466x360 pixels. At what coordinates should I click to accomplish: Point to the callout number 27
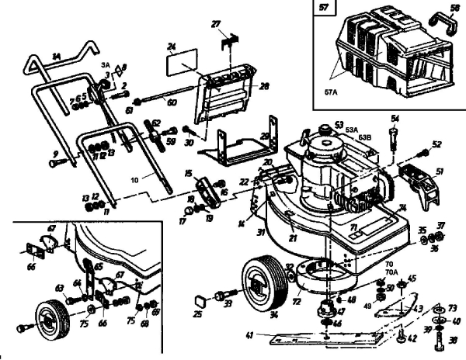pos(217,25)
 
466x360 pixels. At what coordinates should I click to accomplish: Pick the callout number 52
pos(436,144)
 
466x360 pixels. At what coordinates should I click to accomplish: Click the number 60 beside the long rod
pos(172,102)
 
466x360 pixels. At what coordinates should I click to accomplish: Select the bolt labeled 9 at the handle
pos(55,164)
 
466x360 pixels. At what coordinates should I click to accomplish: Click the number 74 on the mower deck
pos(402,209)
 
